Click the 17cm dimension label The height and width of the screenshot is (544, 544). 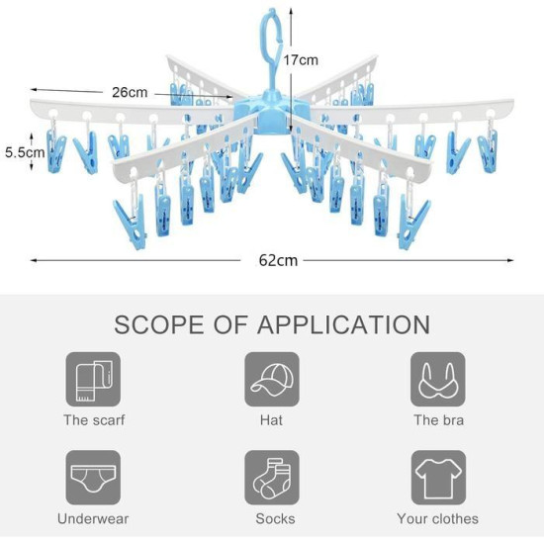tap(301, 60)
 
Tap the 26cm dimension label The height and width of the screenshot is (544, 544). tap(130, 92)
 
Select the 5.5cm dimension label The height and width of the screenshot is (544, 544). tap(25, 152)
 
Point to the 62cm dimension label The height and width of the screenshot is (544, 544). tap(278, 260)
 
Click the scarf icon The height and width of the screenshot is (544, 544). tap(93, 379)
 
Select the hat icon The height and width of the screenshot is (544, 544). tap(272, 379)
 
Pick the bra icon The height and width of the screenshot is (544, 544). tap(438, 379)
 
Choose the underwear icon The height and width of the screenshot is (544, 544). tap(93, 478)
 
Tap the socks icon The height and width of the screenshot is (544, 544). tap(272, 478)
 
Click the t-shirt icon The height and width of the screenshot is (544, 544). tap(438, 478)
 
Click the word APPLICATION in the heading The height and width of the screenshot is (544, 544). tap(343, 324)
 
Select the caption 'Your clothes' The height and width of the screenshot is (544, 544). tap(437, 519)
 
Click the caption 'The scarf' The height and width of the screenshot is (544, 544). tap(94, 420)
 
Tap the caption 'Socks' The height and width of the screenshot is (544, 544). tap(275, 519)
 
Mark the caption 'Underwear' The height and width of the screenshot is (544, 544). tap(93, 519)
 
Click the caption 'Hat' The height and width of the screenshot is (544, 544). tap(271, 420)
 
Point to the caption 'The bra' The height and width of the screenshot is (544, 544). tap(438, 420)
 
